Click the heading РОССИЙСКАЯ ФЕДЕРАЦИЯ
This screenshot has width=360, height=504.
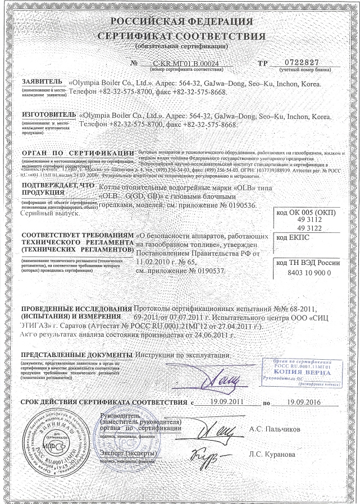pyautogui.click(x=181, y=22)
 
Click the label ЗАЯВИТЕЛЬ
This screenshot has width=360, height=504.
pyautogui.click(x=42, y=82)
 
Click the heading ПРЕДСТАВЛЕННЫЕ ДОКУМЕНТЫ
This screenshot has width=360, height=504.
pyautogui.click(x=74, y=355)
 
